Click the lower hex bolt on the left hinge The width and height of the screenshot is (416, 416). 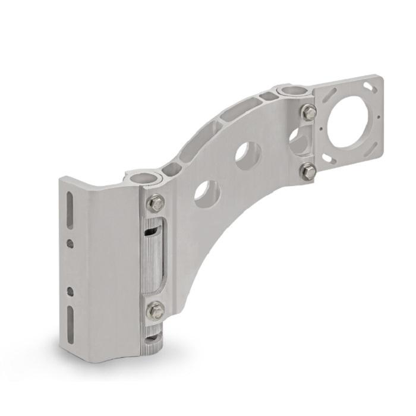click(x=156, y=310)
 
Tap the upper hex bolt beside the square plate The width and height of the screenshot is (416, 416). click(x=308, y=112)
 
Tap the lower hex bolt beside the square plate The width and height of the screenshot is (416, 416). click(x=308, y=172)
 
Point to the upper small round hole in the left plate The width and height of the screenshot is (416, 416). click(x=70, y=244)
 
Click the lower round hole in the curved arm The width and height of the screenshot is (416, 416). click(x=207, y=193)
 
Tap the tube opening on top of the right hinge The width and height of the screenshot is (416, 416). click(x=292, y=91)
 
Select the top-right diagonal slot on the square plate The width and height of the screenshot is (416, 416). click(x=371, y=88)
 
